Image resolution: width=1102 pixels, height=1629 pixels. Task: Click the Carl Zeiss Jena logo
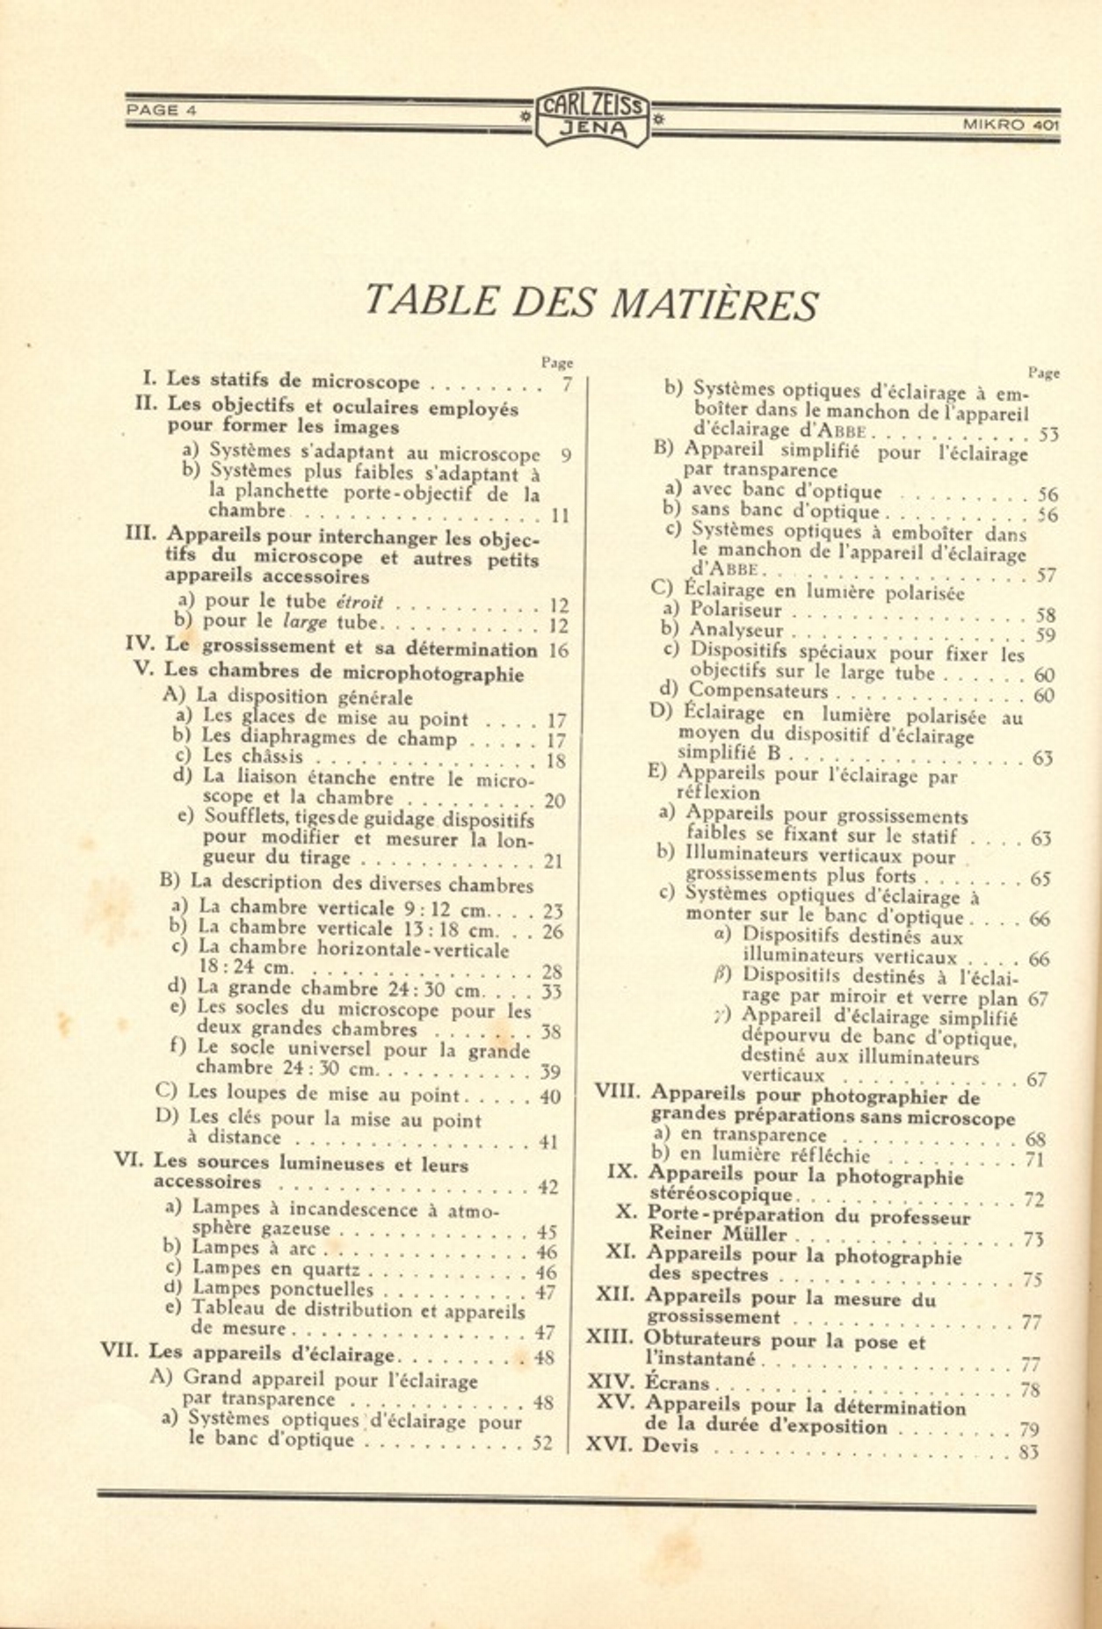click(591, 117)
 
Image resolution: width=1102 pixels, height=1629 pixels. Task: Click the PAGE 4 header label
click(153, 111)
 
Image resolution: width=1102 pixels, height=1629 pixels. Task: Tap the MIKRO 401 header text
click(1010, 125)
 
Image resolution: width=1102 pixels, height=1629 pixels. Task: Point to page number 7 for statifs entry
click(567, 383)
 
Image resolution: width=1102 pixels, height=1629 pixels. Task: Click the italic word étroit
click(360, 603)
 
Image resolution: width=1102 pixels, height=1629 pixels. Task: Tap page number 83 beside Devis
click(1028, 1452)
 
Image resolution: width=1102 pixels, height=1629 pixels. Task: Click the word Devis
click(671, 1445)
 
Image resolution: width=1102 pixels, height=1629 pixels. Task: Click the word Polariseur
click(736, 610)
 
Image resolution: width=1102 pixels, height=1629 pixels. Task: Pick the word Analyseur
click(736, 630)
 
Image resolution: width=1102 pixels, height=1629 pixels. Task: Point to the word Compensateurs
click(758, 691)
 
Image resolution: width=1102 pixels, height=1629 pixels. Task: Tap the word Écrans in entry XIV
click(677, 1383)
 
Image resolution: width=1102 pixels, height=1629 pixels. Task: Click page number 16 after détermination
click(558, 651)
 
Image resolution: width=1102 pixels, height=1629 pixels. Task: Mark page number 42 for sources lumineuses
click(547, 1187)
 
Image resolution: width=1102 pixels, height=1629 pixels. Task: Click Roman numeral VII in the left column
click(120, 1350)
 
